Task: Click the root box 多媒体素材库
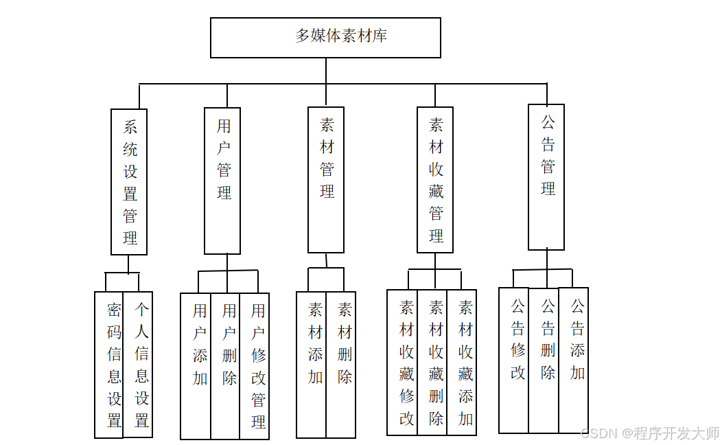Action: pos(325,37)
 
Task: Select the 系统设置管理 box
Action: pos(129,182)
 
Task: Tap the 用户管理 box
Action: pos(222,181)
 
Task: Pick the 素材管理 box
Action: pos(326,179)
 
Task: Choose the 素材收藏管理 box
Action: pos(435,179)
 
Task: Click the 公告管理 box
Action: pos(546,176)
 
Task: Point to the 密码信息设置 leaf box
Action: pos(109,365)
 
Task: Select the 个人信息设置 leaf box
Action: pos(138,365)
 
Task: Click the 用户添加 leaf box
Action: pos(196,366)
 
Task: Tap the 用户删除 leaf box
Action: pos(225,366)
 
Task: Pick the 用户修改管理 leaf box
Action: pos(255,366)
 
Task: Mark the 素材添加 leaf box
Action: pos(312,365)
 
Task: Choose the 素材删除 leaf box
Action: pos(341,365)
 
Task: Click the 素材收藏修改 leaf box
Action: pos(402,363)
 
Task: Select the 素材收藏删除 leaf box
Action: pos(432,363)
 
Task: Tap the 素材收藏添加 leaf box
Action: pos(462,363)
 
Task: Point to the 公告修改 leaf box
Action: pos(514,361)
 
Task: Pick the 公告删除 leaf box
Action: pos(544,361)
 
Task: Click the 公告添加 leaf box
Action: pos(574,361)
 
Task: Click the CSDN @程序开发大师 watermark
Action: pos(649,433)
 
